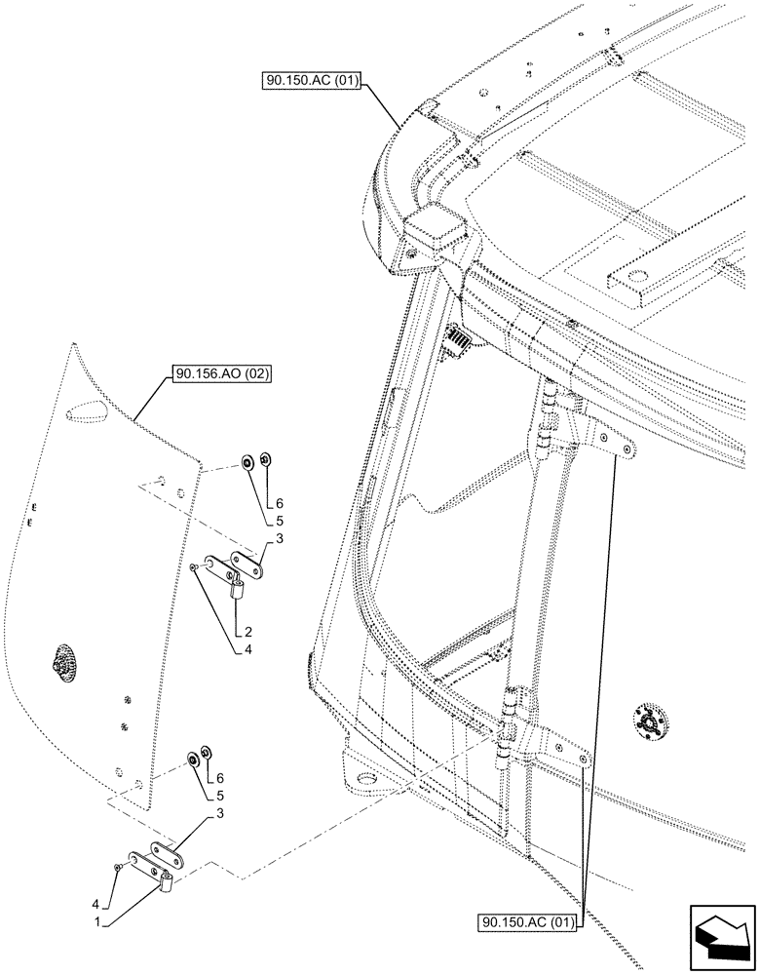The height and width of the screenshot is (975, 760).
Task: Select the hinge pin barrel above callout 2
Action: (237, 588)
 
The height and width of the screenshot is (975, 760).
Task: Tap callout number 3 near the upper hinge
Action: (280, 538)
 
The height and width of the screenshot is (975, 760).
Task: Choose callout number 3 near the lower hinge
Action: (224, 811)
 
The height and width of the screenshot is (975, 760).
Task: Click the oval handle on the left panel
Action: (62, 664)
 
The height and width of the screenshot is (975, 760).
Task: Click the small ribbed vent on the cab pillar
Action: (458, 341)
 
